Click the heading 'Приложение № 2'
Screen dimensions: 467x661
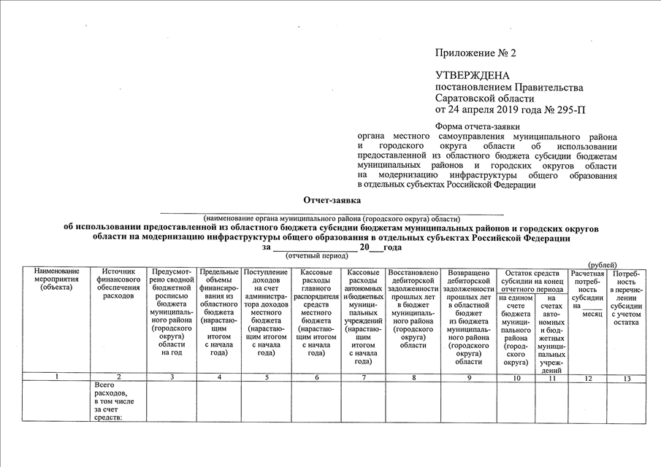(475, 53)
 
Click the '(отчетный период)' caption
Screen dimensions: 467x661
(316, 256)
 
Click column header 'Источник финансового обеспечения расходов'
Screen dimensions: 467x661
(118, 284)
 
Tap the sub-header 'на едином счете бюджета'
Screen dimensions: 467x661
(516, 328)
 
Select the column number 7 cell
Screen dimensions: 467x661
(362, 377)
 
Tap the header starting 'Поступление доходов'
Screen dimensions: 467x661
(266, 311)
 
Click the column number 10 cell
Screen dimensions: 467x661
(516, 377)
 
